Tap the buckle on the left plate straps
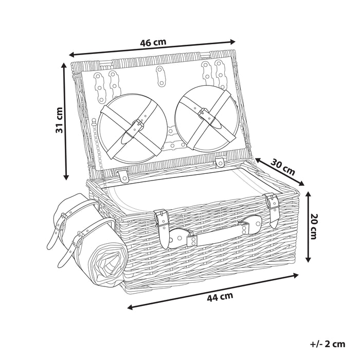tap(137, 123)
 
